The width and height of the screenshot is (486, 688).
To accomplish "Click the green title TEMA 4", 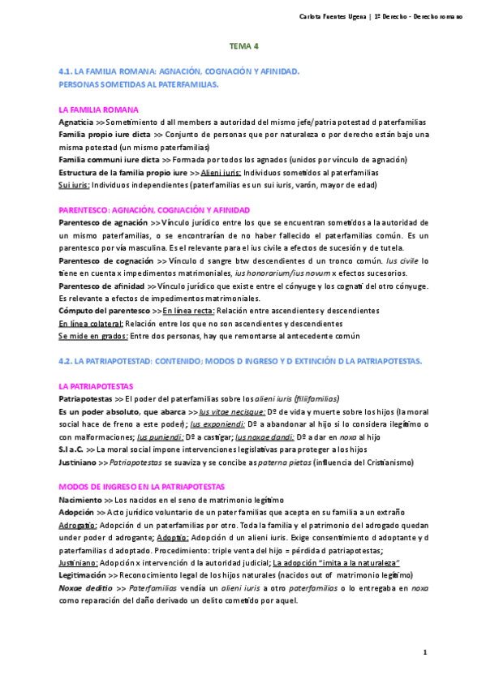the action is coord(243,46).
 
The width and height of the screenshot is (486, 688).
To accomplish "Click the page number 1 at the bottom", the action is coord(424,652).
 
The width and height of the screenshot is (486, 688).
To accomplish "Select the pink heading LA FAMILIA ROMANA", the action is coord(99,109).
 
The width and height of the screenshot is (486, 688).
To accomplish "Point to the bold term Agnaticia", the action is coord(76,121).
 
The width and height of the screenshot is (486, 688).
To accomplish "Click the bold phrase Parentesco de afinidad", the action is coord(104,286).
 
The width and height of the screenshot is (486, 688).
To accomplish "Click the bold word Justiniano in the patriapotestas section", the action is coord(76,462).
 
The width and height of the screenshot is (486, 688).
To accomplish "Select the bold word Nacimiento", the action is coord(80,499).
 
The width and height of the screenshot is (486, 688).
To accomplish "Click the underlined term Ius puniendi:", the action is coord(158,436).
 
